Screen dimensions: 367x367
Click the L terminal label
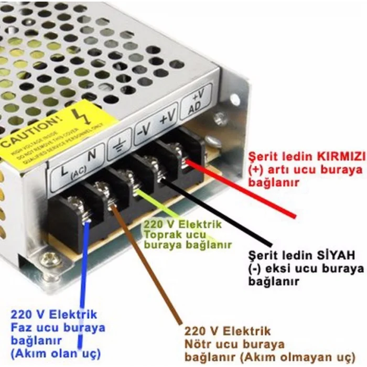click(x=64, y=169)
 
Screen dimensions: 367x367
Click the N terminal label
click(x=91, y=155)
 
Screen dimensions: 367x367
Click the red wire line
click(x=241, y=189)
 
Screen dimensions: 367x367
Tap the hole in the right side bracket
click(x=234, y=100)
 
